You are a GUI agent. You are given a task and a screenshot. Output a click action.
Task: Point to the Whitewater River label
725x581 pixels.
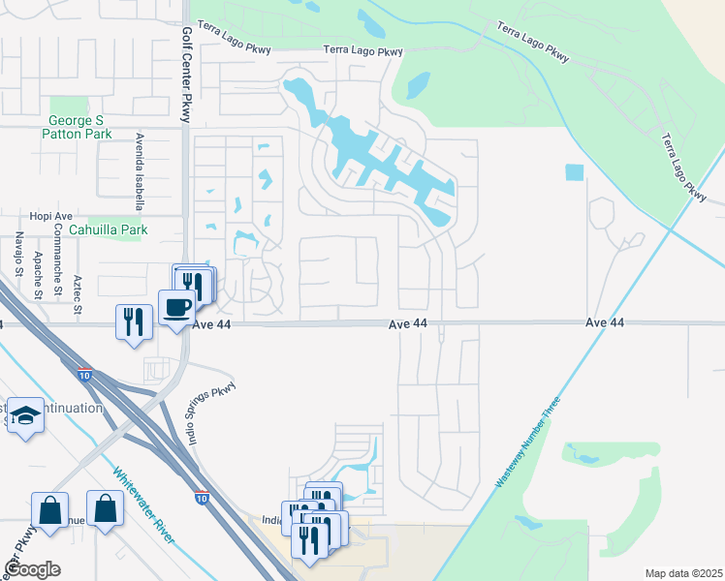pos(142,504)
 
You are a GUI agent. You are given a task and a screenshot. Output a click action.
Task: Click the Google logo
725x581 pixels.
pos(32,569)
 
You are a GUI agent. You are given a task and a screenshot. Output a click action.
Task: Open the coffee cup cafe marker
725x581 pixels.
pos(175,308)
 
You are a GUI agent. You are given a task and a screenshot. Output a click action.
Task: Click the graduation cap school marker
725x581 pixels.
pos(25,414)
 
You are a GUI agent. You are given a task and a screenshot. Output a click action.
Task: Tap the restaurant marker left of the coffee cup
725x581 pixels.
pos(133,321)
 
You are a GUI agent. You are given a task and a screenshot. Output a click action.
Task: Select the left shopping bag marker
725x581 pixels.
pos(48,507)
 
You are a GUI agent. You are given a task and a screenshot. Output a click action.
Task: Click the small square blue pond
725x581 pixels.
pos(575,173)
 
